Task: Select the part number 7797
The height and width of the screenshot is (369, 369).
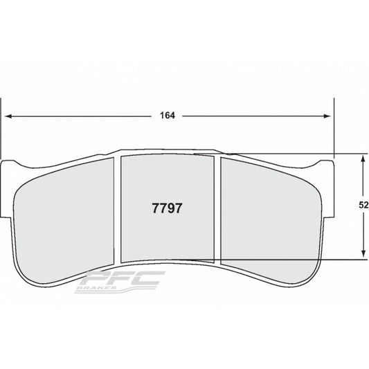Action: click(x=166, y=206)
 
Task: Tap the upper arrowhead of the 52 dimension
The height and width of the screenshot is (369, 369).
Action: click(x=363, y=158)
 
